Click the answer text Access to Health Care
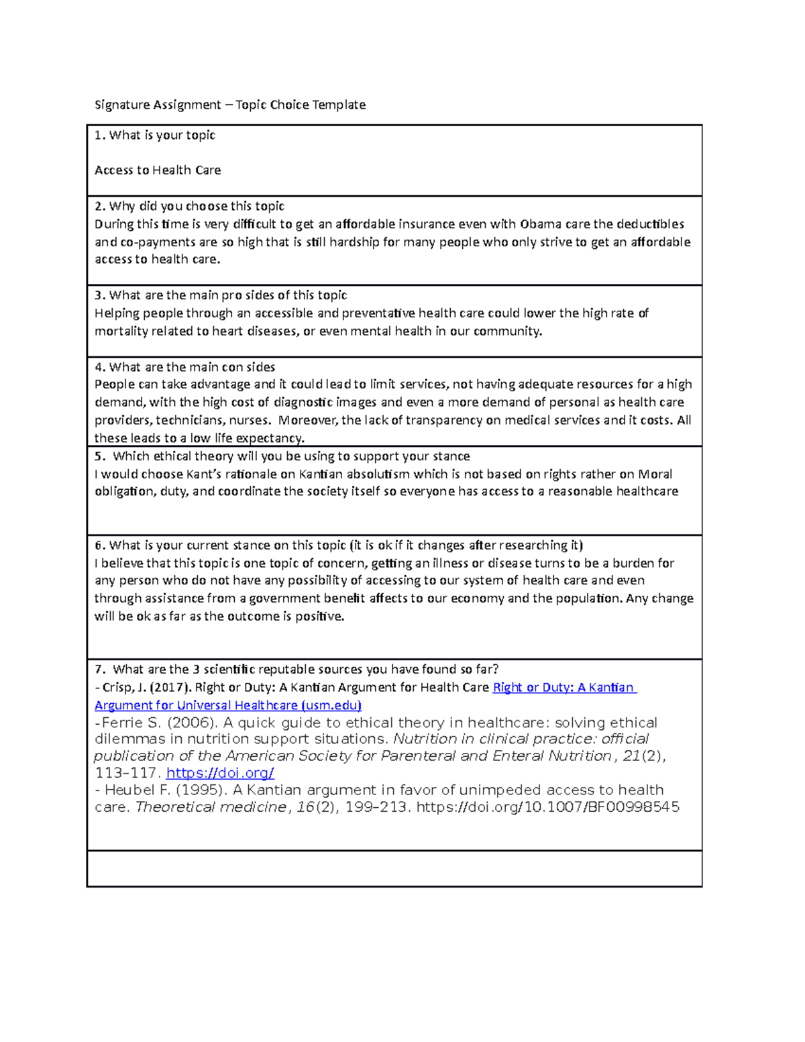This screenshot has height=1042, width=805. [x=158, y=170]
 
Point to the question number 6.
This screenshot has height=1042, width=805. [x=99, y=545]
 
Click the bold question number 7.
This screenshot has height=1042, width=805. [x=99, y=670]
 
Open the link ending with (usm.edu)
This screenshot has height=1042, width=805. [x=228, y=705]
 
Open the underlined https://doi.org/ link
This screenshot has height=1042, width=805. [x=220, y=773]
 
